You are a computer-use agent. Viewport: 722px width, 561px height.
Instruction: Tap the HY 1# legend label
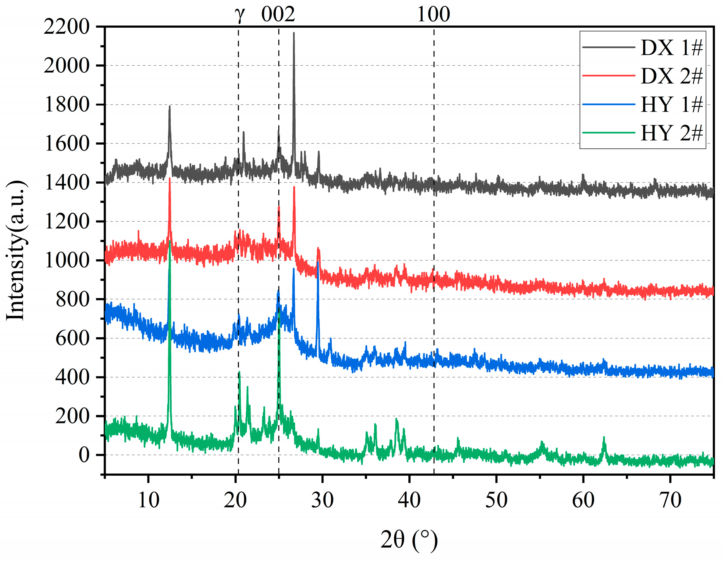coord(671,105)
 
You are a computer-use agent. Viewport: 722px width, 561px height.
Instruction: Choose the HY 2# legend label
coord(671,133)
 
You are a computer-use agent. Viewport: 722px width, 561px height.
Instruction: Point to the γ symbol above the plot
coord(239,14)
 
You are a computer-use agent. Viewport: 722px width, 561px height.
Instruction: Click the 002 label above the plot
coord(278,14)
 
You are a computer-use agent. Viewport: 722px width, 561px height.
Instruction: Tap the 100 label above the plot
coord(434,14)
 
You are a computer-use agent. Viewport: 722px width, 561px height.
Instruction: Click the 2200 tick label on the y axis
coord(66,27)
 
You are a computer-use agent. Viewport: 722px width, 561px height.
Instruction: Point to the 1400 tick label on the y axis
coord(66,183)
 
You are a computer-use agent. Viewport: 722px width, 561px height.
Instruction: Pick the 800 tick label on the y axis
coord(72,299)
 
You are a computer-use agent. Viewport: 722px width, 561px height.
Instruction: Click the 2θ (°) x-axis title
coord(409,540)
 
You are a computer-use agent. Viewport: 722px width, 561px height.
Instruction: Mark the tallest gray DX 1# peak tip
coord(294,33)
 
